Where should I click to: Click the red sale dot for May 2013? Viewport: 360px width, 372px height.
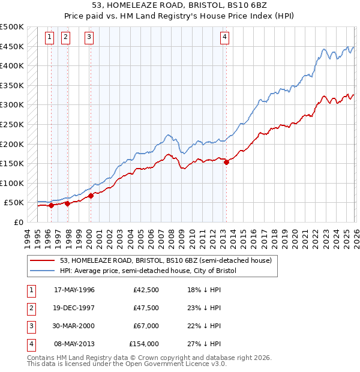[226, 161]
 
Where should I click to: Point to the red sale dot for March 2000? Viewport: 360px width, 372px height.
[91, 195]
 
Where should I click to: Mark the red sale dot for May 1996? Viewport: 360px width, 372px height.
[51, 205]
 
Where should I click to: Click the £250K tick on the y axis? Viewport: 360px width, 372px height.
[12, 124]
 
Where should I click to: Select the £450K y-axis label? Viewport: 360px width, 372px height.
[12, 46]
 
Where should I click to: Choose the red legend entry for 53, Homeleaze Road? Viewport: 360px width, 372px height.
[166, 260]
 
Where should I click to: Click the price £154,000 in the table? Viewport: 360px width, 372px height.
[143, 344]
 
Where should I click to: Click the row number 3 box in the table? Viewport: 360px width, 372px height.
[31, 326]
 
